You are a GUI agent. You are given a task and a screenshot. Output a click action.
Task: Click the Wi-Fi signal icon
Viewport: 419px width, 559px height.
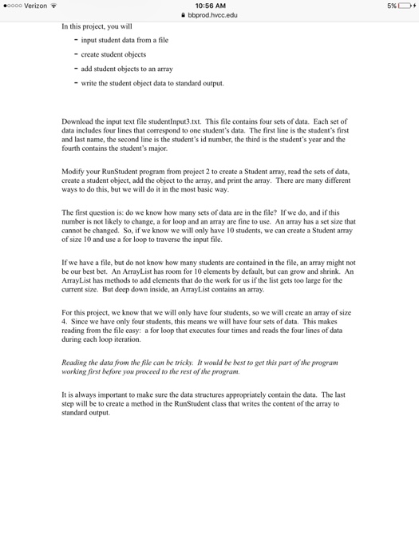click(x=56, y=6)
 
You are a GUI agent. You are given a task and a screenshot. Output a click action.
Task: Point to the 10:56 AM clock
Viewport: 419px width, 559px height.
click(x=210, y=6)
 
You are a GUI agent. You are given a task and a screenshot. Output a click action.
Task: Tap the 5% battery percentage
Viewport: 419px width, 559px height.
click(x=385, y=6)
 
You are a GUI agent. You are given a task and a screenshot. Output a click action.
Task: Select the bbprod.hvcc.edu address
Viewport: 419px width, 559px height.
click(x=212, y=15)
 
